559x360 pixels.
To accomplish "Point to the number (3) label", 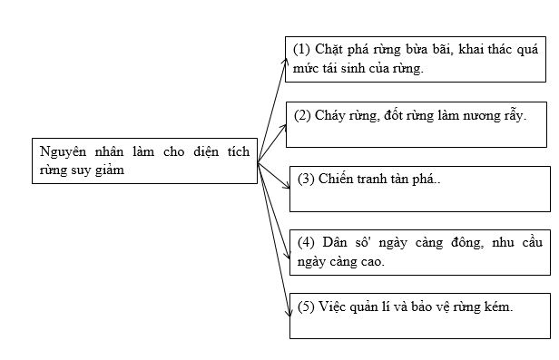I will tap(306, 180).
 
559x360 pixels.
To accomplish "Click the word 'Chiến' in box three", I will tap(338, 180).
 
